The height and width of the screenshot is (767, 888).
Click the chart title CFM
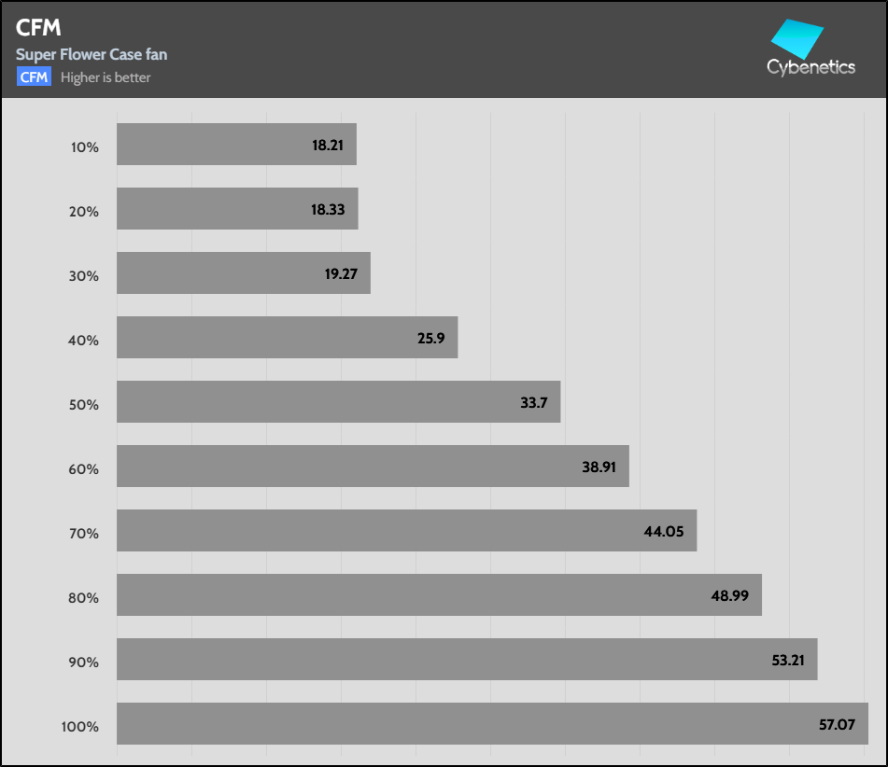38,29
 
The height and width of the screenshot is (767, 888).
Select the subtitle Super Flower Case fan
92,54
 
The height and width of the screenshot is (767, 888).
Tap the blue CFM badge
34,77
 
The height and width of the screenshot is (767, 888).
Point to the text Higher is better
106,77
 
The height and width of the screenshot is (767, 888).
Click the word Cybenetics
810,67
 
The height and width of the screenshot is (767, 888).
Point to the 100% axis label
79,726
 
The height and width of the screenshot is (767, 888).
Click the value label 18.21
328,146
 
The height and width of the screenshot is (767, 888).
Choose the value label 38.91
599,467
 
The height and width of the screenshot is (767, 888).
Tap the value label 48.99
732,595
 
